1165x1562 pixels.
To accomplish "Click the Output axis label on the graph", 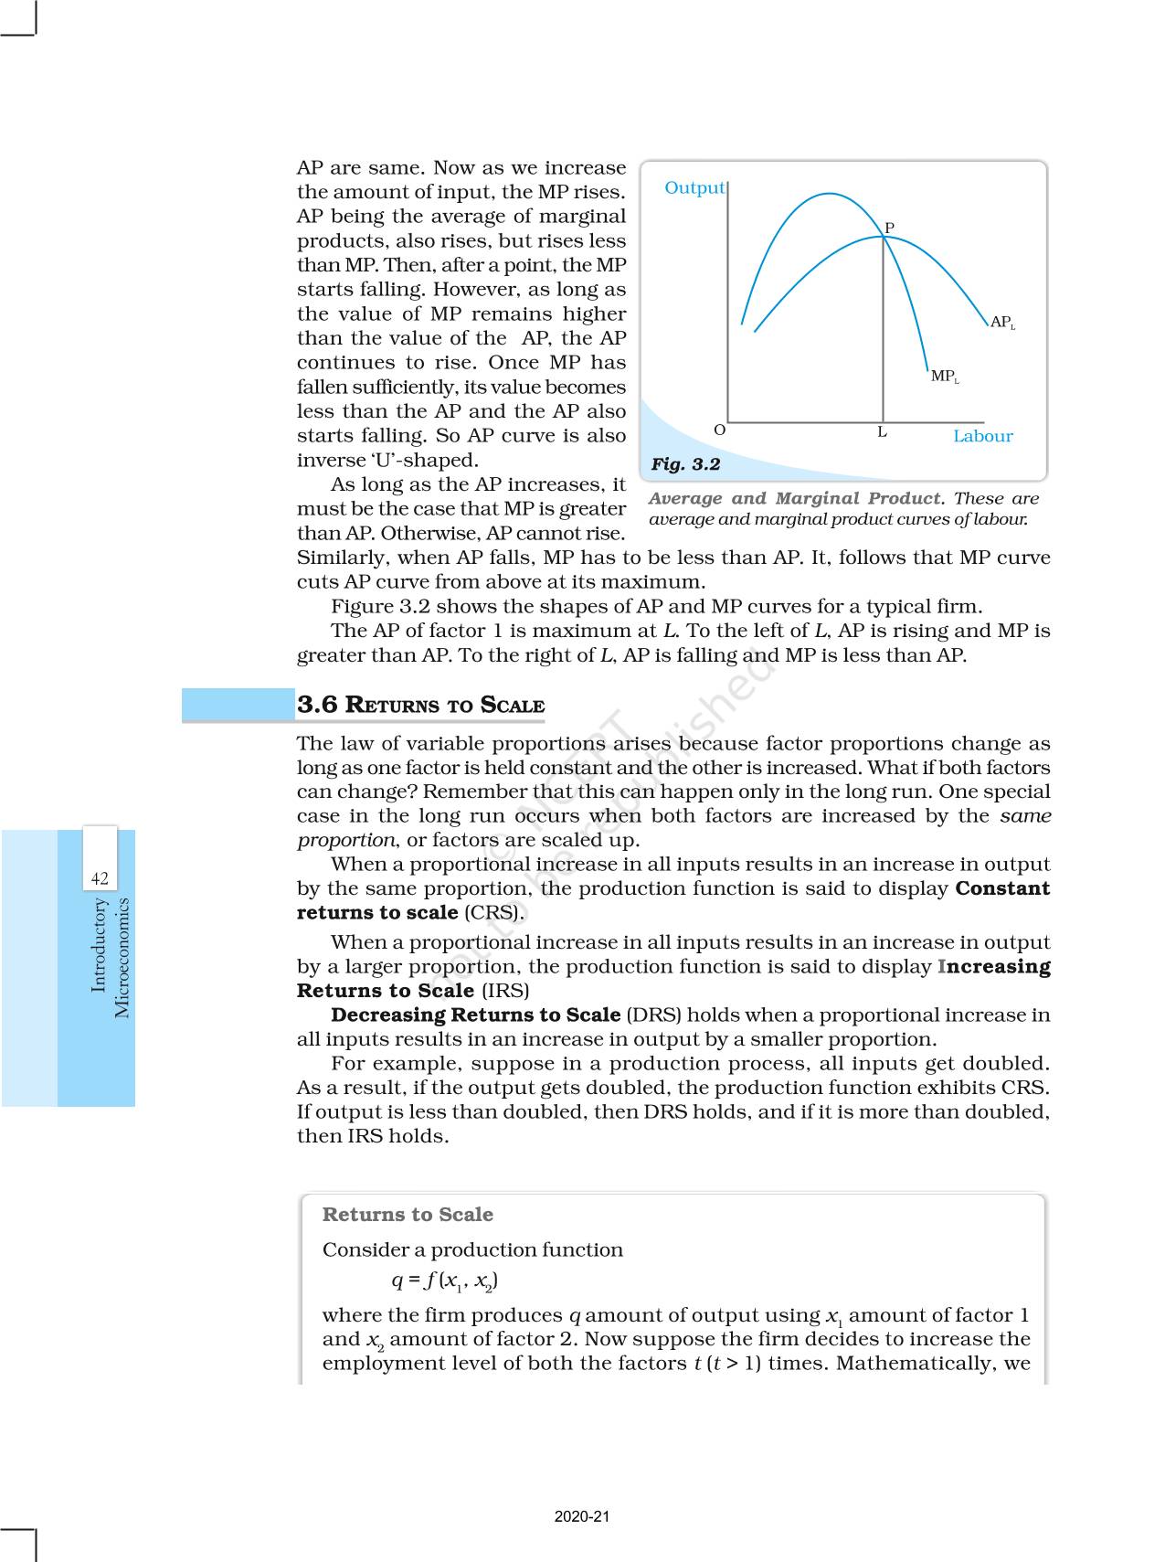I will pos(694,188).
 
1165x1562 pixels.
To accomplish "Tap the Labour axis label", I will pos(982,436).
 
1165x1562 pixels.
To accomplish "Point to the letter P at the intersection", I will pos(889,228).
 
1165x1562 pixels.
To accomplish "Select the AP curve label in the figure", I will pos(1001,323).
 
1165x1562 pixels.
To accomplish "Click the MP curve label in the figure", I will pos(944,377).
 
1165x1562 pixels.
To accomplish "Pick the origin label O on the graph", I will pos(719,430).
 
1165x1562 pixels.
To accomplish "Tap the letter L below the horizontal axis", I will pos(882,432).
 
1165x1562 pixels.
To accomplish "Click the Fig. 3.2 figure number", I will pos(685,464).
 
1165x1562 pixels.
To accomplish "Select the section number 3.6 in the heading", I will pos(317,705).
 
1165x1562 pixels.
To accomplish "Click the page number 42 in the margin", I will pos(100,878).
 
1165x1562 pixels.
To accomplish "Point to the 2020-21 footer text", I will pos(582,1516).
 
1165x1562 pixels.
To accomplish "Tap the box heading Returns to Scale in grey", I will pos(408,1215).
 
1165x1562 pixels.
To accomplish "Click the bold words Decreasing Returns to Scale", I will pos(475,1015).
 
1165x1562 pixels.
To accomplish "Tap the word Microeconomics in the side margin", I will pos(122,958).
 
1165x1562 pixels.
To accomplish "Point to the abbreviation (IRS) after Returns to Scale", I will pos(505,991).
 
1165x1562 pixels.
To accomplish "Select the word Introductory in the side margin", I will pos(99,944).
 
